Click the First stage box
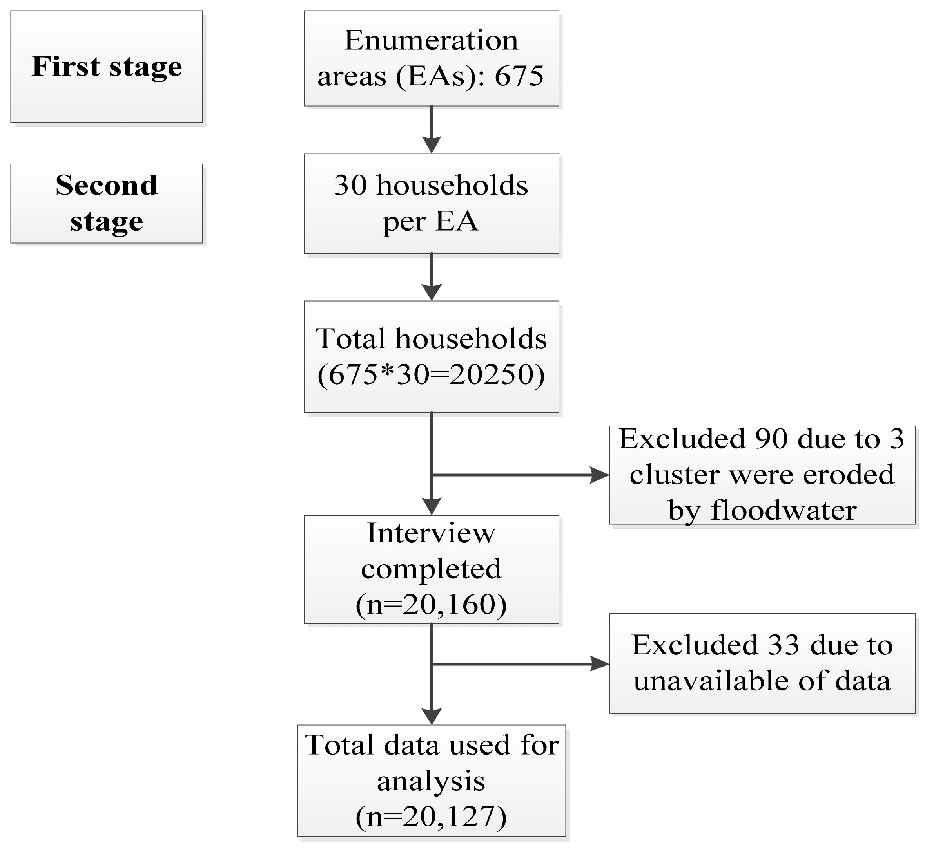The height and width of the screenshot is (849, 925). [107, 67]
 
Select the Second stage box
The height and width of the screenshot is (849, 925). [107, 204]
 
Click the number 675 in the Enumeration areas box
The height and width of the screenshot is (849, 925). [519, 76]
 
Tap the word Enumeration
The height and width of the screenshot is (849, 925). [431, 40]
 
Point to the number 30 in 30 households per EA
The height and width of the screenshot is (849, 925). [350, 186]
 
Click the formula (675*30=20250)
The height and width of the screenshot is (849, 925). [431, 375]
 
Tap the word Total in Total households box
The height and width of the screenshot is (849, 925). [350, 339]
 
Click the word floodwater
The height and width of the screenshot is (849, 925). [784, 510]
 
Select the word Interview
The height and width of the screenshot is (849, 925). [431, 533]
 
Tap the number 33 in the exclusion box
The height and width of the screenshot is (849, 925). [784, 645]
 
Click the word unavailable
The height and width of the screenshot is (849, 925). [712, 681]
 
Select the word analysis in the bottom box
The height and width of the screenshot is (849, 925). [431, 780]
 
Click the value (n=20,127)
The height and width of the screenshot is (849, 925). [431, 816]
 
